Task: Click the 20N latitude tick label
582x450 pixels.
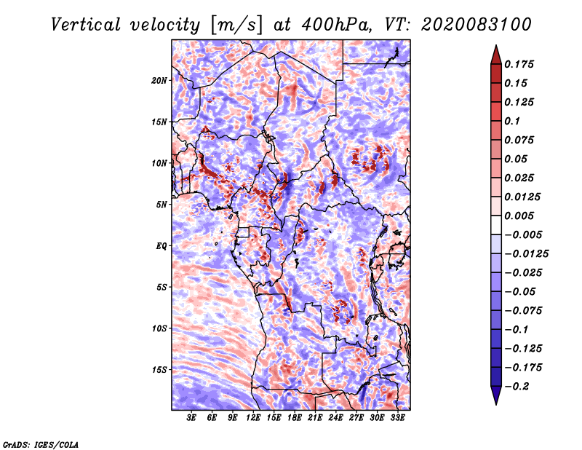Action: pyautogui.click(x=159, y=80)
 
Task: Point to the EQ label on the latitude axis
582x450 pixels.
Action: pyautogui.click(x=161, y=246)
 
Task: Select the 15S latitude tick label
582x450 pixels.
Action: pyautogui.click(x=159, y=370)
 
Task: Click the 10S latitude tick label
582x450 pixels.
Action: pyautogui.click(x=159, y=328)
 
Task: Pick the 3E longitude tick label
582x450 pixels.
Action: pyautogui.click(x=192, y=419)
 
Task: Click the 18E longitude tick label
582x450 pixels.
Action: pyautogui.click(x=274, y=419)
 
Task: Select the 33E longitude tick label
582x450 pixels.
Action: pyautogui.click(x=397, y=419)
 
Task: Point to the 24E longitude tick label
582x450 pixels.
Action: pyautogui.click(x=315, y=419)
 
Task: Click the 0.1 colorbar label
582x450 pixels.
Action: pyautogui.click(x=512, y=121)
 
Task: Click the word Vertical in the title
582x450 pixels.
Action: pyautogui.click(x=86, y=24)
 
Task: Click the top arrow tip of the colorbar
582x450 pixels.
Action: pyautogui.click(x=495, y=47)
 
